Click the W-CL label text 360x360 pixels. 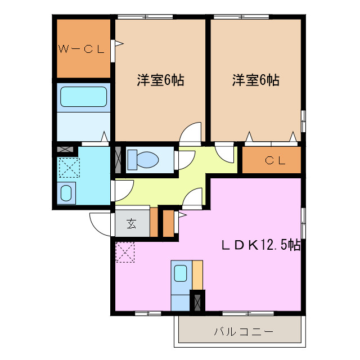click(x=82, y=49)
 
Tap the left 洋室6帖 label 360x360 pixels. click(x=161, y=80)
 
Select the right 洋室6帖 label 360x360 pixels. click(x=256, y=80)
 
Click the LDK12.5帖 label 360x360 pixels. click(x=260, y=245)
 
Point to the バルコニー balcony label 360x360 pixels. click(x=243, y=331)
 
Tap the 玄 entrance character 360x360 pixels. click(x=131, y=224)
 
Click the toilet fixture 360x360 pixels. click(x=142, y=159)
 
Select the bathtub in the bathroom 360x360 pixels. click(x=84, y=96)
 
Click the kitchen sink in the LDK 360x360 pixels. click(x=181, y=274)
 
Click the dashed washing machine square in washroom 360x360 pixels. click(x=69, y=167)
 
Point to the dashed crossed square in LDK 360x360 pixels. click(x=125, y=251)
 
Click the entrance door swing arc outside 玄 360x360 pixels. click(x=101, y=226)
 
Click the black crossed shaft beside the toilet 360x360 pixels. click(x=119, y=159)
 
